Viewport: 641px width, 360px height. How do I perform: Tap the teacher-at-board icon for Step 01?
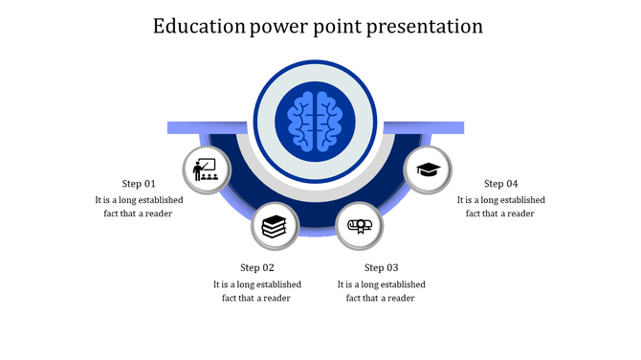(205, 171)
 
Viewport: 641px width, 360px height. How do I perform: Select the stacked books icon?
(275, 227)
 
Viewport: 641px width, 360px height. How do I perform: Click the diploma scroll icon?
(360, 227)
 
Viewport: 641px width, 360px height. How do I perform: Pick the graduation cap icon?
(428, 171)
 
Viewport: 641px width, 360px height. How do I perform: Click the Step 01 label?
(139, 183)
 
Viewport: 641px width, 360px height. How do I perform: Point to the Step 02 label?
(257, 267)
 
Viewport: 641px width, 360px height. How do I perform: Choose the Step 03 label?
(382, 267)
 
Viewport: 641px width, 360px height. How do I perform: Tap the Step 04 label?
(500, 183)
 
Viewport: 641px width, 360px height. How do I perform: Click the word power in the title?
(284, 26)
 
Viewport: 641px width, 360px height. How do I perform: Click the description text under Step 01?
(139, 207)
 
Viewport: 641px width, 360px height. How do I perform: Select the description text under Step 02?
(257, 291)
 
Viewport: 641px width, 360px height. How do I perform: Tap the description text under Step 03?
(382, 291)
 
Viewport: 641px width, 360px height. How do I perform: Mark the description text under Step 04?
(500, 207)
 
